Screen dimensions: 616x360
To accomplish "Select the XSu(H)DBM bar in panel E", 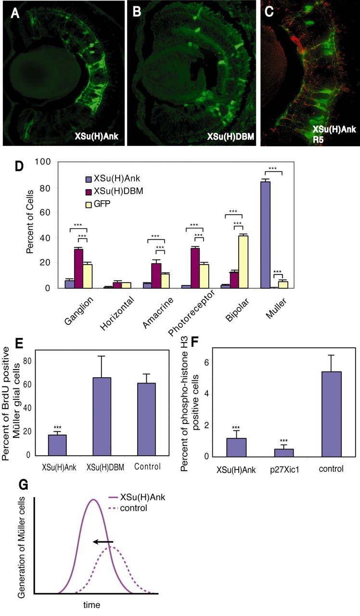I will (x=103, y=416).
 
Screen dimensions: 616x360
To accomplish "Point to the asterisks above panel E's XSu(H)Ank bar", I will (x=57, y=426).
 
